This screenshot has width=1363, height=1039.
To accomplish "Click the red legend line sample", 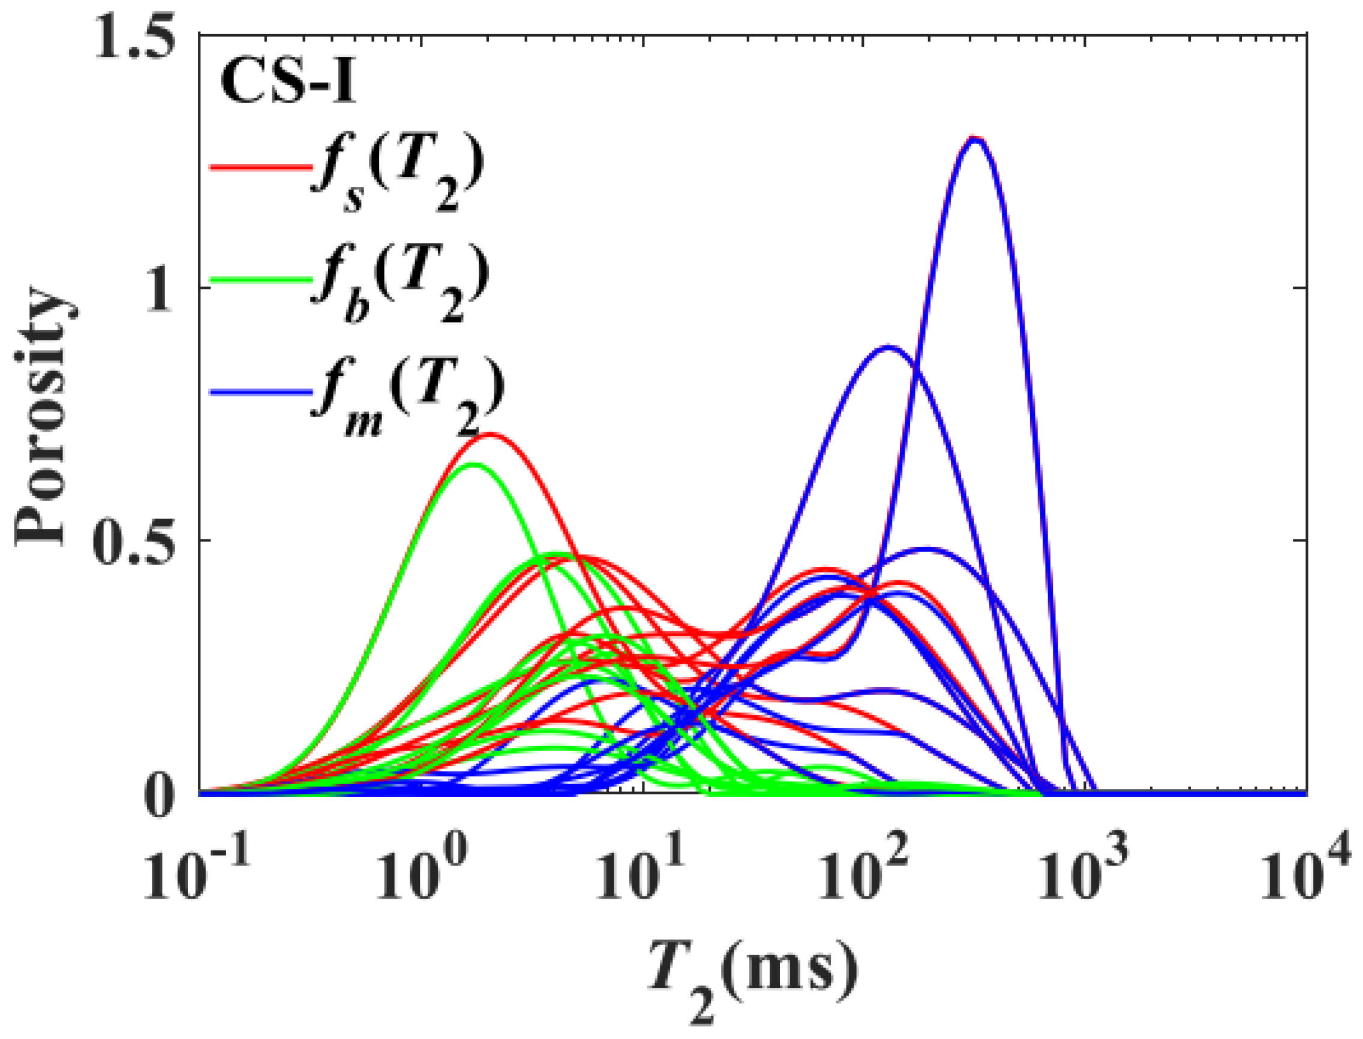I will [260, 167].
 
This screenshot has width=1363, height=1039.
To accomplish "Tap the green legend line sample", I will [260, 279].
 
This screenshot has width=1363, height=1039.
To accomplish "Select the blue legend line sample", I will [260, 392].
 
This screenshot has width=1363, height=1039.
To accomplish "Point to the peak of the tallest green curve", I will [473, 465].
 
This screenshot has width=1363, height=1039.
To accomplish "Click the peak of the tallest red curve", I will [492, 435].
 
